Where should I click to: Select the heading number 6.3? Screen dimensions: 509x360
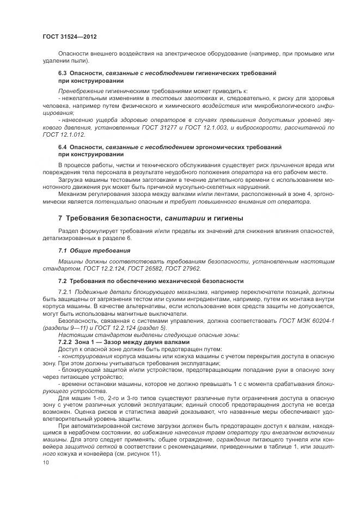click(x=63, y=72)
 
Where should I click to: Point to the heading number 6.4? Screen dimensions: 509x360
click(x=63, y=148)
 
